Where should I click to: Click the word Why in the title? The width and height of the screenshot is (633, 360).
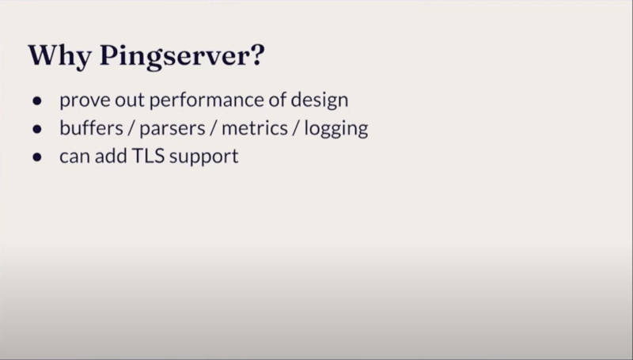pyautogui.click(x=59, y=56)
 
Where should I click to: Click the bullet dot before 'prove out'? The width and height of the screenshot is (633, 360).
pyautogui.click(x=37, y=100)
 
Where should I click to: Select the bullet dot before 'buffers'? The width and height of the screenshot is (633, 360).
pyautogui.click(x=37, y=129)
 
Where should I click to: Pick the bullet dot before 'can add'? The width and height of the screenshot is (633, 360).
pyautogui.click(x=37, y=157)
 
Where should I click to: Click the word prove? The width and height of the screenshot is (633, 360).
pyautogui.click(x=85, y=101)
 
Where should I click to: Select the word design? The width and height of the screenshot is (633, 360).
pyautogui.click(x=320, y=100)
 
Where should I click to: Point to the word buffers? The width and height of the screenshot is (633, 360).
pyautogui.click(x=91, y=128)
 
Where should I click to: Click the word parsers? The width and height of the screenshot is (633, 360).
pyautogui.click(x=172, y=130)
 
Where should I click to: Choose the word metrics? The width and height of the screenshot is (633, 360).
pyautogui.click(x=255, y=128)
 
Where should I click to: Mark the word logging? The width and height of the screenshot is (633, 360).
pyautogui.click(x=335, y=129)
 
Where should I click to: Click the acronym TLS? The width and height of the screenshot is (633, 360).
pyautogui.click(x=148, y=156)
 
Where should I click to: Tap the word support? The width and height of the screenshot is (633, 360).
pyautogui.click(x=204, y=157)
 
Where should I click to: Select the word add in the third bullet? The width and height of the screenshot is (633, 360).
pyautogui.click(x=111, y=156)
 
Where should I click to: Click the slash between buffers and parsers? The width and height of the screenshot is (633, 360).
pyautogui.click(x=131, y=128)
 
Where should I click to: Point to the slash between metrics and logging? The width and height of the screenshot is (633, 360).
pyautogui.click(x=296, y=128)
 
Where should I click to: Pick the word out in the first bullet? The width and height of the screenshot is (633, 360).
pyautogui.click(x=130, y=100)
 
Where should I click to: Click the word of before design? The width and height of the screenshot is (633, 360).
pyautogui.click(x=278, y=100)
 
